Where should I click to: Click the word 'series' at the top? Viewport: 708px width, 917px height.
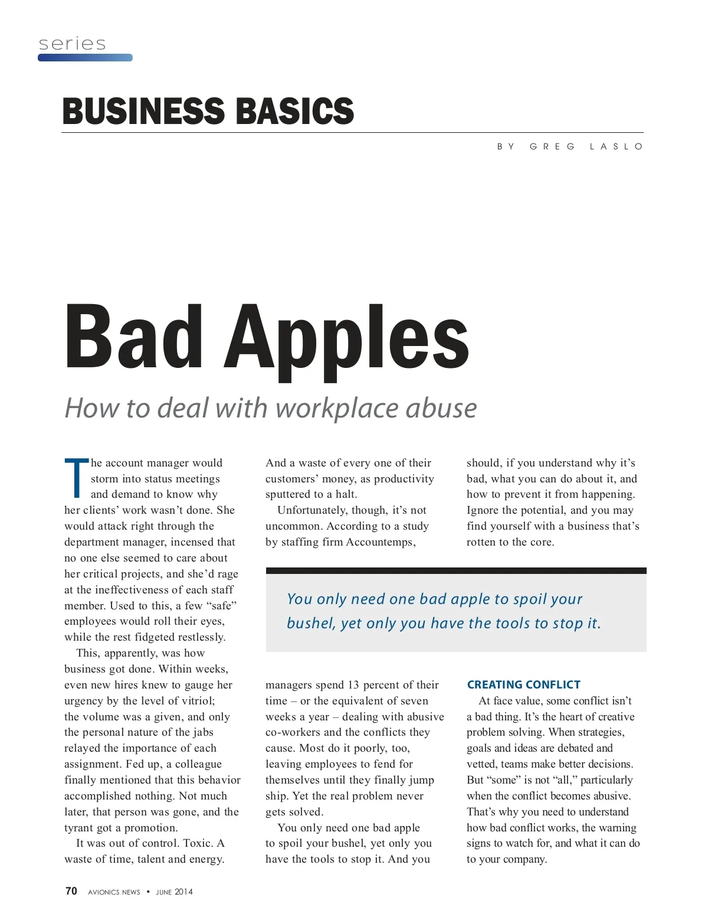point(72,44)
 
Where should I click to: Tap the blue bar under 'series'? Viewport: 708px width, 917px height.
point(85,58)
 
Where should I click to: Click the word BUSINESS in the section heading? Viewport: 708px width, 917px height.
point(142,111)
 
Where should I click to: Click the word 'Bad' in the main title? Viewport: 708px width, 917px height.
point(133,337)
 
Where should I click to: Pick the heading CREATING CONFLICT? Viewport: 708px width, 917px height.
point(523,685)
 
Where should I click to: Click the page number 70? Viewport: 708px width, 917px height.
point(71,891)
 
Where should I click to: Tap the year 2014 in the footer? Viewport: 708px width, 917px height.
point(183,892)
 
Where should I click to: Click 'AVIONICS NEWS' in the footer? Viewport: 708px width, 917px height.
point(114,892)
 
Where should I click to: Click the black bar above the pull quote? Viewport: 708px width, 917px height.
point(455,571)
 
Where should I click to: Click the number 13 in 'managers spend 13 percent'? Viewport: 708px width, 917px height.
point(353,685)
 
